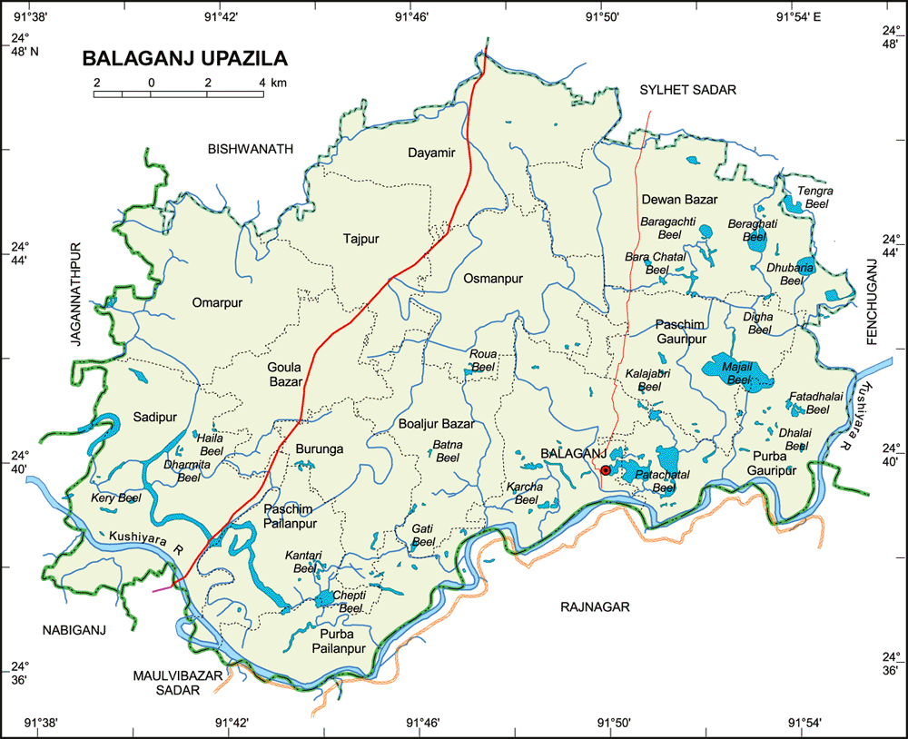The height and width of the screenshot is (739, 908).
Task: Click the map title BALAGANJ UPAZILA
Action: (185, 59)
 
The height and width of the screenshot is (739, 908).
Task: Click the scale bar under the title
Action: (179, 93)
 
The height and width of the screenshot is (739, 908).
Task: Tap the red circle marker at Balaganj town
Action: (606, 470)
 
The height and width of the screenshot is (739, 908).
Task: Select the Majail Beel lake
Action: (735, 370)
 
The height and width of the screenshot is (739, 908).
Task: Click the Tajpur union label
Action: (360, 239)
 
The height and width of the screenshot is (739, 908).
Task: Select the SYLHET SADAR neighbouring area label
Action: (687, 89)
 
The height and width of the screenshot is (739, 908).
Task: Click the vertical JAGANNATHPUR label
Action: (76, 292)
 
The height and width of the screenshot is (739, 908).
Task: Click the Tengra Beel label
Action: (814, 198)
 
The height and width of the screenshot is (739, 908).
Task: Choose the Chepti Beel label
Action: (348, 601)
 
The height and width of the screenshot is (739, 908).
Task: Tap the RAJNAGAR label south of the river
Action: (594, 606)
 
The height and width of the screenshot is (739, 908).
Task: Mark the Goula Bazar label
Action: (284, 375)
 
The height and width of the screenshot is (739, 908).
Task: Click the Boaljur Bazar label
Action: (436, 424)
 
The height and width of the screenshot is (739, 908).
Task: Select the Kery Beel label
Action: (116, 498)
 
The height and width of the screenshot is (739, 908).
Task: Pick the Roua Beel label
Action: (482, 360)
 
